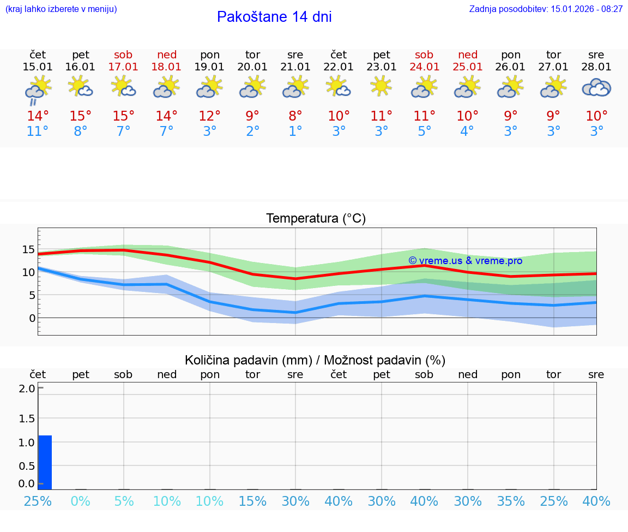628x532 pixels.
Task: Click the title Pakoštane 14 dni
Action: [x=274, y=17]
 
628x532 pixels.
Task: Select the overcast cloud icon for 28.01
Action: [x=596, y=87]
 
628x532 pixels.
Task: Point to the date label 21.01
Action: [x=295, y=67]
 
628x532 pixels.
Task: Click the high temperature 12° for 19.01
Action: [x=210, y=116]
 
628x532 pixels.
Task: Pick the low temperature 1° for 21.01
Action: [x=295, y=131]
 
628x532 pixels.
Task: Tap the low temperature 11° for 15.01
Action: [x=38, y=131]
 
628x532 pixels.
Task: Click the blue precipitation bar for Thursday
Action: [x=45, y=462]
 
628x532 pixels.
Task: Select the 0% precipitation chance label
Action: [x=81, y=501]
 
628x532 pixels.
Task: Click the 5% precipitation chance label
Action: [x=124, y=501]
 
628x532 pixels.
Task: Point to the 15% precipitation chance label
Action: [x=252, y=501]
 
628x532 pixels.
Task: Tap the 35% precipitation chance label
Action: [x=511, y=501]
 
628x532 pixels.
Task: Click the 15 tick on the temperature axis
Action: [x=28, y=250]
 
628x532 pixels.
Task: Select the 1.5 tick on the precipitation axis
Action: [x=27, y=419]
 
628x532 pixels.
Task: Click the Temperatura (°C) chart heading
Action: [x=316, y=219]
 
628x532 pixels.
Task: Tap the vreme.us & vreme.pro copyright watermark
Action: [x=466, y=261]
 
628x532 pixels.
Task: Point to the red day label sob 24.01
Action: [x=424, y=61]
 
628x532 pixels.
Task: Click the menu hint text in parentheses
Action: [x=61, y=9]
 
